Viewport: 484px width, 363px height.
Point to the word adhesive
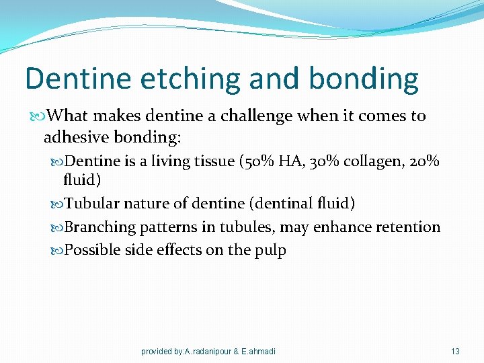tap(76, 138)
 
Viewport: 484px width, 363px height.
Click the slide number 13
tap(455, 351)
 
